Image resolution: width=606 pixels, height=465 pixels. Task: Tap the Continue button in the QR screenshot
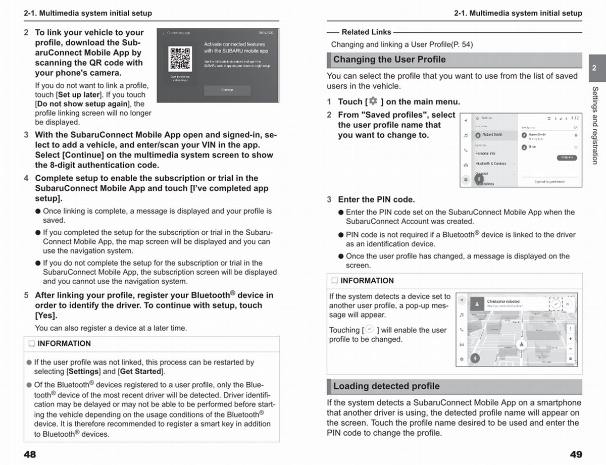coord(227,90)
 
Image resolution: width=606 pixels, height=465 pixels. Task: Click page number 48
coord(30,454)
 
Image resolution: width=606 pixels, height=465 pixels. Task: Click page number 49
coord(576,454)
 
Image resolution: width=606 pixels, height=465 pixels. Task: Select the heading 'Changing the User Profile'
coord(389,60)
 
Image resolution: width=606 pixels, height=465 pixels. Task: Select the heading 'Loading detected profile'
coord(386,386)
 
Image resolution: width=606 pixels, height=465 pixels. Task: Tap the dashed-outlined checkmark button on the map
coord(555,304)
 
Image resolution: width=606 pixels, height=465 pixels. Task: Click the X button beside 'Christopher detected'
coord(567,304)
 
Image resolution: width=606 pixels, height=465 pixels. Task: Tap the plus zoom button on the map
coord(570,339)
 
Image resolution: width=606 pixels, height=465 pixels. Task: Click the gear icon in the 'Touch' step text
coord(373,101)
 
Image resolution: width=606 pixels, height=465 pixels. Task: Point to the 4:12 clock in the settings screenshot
coord(575,118)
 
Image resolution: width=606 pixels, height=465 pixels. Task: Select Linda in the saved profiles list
coord(532,146)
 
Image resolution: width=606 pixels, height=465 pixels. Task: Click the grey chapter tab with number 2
coord(594,68)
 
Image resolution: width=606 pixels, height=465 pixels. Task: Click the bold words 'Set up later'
coord(79,95)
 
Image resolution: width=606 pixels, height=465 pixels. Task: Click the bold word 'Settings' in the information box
coord(83,372)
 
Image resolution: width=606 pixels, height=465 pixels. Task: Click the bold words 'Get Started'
coord(141,372)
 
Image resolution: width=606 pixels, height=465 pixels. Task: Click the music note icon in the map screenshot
coord(462,315)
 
